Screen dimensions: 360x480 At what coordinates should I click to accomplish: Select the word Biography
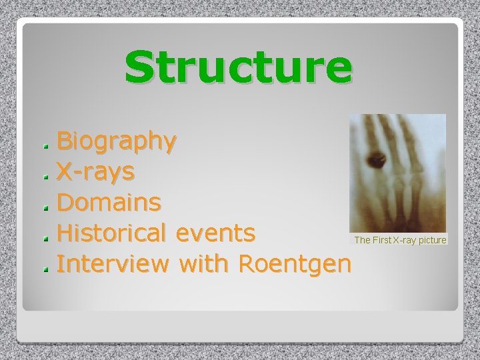[117, 141]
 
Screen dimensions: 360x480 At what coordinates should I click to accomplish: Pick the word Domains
[108, 201]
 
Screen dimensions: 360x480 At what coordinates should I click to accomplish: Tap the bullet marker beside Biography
[45, 144]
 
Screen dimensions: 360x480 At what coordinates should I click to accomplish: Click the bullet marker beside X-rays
[45, 175]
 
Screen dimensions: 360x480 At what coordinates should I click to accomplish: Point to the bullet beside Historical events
[45, 237]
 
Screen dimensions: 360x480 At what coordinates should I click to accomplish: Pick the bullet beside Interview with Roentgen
[45, 268]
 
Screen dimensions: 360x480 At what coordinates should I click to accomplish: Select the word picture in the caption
[431, 239]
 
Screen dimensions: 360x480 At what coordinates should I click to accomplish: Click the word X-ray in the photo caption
[407, 239]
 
